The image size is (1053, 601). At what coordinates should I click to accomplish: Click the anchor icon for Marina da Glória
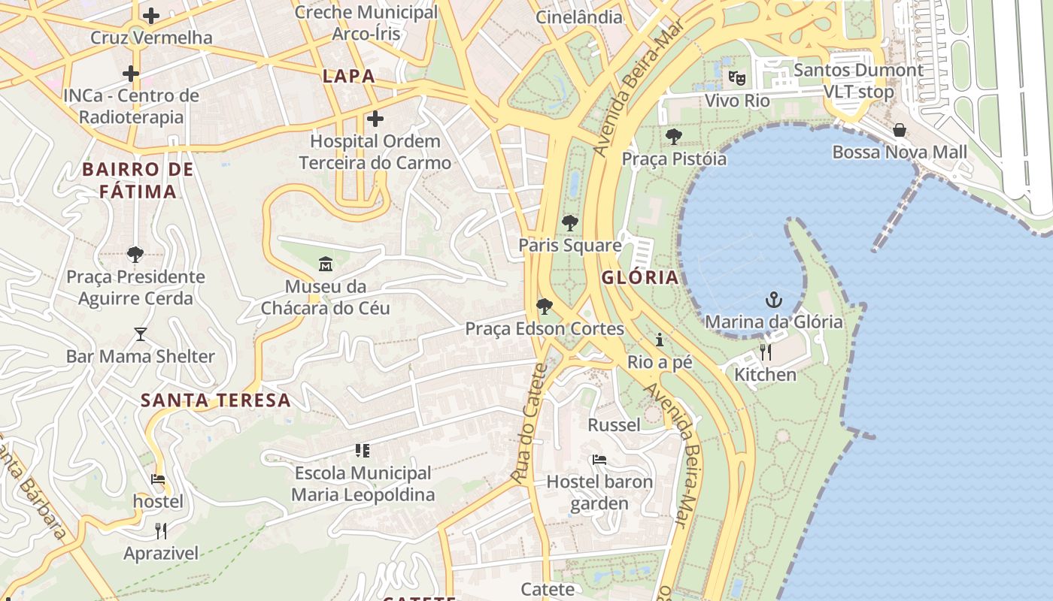773,300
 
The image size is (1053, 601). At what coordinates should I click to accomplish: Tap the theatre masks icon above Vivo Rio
736,77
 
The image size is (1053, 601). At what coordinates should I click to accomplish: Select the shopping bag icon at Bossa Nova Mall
899,131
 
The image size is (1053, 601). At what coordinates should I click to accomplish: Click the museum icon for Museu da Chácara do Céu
326,264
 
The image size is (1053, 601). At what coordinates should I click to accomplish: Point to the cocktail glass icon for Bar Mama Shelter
141,334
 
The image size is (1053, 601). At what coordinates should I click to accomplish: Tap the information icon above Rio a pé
660,340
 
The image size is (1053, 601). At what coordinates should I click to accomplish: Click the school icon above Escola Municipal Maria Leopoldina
363,451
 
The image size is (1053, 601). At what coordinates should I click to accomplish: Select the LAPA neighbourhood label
348,76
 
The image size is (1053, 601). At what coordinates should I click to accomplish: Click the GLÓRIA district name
640,277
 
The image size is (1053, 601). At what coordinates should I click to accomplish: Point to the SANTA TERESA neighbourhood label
216,400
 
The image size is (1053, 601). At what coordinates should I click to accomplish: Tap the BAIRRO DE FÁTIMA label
138,180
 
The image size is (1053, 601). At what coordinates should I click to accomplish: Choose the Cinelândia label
579,17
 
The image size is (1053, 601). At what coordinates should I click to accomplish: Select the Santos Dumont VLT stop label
858,81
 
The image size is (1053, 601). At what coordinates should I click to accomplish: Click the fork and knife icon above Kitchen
765,352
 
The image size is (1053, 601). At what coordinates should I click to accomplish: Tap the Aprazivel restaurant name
162,554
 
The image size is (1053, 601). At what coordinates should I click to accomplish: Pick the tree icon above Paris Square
570,222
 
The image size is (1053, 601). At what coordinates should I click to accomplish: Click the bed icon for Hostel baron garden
599,459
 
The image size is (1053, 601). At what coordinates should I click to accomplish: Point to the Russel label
614,425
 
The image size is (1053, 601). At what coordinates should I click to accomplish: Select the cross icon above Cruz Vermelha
151,15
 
